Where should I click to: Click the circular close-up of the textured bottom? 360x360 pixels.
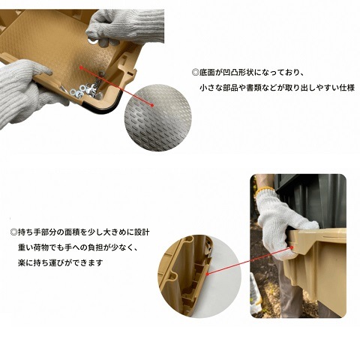[158, 118]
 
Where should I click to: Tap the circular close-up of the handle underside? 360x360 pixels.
[199, 276]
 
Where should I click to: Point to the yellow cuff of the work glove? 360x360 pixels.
[264, 190]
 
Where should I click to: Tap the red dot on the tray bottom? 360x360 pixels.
[81, 67]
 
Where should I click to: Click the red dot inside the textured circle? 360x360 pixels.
[152, 105]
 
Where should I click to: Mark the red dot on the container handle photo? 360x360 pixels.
[292, 247]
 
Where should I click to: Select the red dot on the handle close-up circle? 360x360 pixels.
[208, 274]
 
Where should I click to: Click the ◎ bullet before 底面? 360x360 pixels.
[195, 73]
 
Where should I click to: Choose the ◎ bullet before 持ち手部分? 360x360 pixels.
[13, 232]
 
